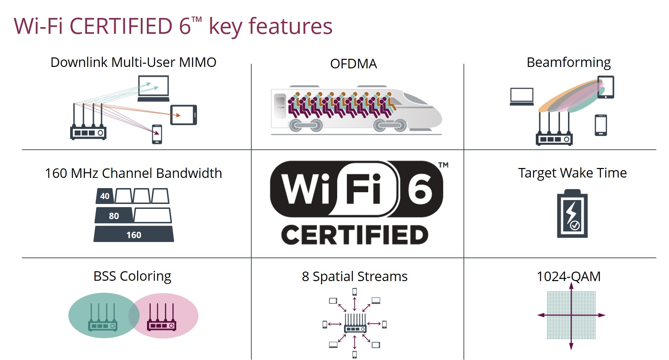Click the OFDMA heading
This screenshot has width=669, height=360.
353,64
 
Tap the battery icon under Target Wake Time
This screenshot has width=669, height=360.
572,214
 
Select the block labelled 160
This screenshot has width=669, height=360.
134,234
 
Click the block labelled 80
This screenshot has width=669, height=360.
114,215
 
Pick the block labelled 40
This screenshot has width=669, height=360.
105,196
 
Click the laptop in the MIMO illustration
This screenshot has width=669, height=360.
153,88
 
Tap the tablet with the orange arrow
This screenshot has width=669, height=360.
183,115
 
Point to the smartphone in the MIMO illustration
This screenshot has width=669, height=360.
157,134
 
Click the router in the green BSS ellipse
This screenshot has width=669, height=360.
102,319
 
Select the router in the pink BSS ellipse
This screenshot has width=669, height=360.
161,319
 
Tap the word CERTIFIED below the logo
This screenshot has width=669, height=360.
355,235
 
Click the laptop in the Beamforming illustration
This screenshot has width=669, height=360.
522,97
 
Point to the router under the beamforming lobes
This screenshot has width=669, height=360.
554,134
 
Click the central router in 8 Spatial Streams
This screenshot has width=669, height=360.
355,324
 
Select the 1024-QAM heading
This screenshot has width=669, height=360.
568,277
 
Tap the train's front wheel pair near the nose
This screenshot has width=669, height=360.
390,125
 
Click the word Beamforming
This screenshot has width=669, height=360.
568,62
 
